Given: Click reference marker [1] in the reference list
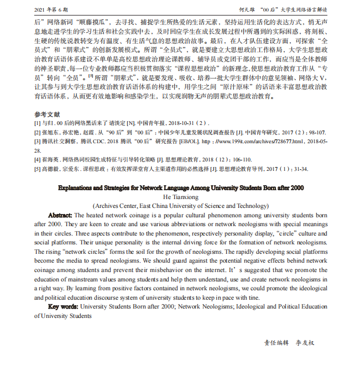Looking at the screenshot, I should pyautogui.click(x=37, y=123).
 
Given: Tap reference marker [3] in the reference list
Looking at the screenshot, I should pyautogui.click(x=37, y=142).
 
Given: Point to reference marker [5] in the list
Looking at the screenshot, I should pyautogui.click(x=37, y=169).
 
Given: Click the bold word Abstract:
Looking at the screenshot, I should pyautogui.click(x=60, y=215).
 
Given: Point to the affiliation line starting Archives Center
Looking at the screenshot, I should pyautogui.click(x=180, y=206).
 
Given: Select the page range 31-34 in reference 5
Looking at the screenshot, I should pyautogui.click(x=299, y=169).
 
